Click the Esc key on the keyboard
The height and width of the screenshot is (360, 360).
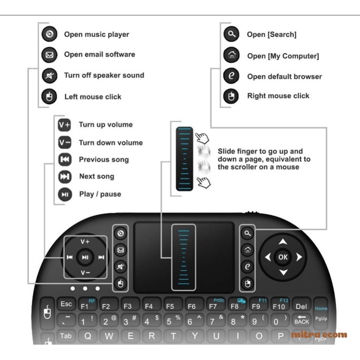coord(66,304)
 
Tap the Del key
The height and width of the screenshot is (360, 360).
coord(301,306)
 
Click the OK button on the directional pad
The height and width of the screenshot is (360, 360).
coord(283,257)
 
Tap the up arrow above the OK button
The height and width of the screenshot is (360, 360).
coord(283,242)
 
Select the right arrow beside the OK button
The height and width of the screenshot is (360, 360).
coord(299,257)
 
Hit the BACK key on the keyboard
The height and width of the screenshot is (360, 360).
coord(302,320)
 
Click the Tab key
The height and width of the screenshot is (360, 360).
coord(65,336)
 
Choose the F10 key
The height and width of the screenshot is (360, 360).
coord(279,306)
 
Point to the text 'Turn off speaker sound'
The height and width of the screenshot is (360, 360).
coord(104,75)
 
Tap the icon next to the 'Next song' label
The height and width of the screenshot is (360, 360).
coord(65,176)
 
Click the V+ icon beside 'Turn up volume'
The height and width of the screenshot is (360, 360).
coord(65,124)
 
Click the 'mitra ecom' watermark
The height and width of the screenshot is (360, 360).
coord(319,335)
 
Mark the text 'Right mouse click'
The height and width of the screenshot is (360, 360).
coord(278,96)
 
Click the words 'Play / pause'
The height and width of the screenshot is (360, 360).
coord(100,194)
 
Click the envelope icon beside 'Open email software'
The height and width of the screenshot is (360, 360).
coord(49,55)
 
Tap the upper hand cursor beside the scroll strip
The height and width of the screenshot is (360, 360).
coord(203,138)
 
